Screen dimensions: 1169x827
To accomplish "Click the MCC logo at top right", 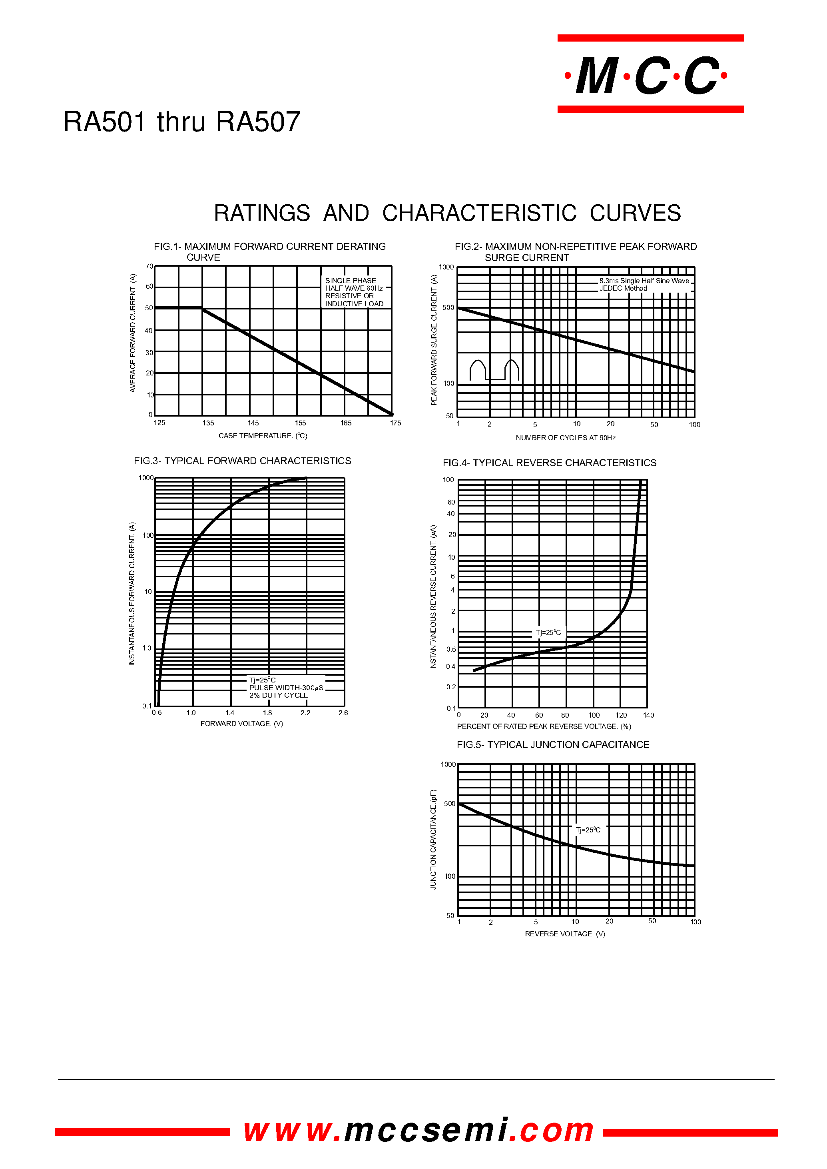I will tap(650, 75).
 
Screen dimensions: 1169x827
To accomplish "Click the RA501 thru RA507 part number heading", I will tap(182, 122).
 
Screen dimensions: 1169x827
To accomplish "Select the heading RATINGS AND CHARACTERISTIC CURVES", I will tap(447, 213).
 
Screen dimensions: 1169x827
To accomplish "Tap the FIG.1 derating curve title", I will tap(269, 251).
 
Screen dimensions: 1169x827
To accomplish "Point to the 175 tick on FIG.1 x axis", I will tap(395, 423).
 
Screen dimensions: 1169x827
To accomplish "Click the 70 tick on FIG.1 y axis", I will tap(149, 266).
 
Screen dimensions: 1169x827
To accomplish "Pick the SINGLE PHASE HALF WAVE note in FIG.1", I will tap(354, 292).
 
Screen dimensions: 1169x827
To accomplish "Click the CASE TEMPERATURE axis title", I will tap(263, 435).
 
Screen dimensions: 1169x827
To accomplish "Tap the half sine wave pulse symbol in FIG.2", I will tap(494, 370).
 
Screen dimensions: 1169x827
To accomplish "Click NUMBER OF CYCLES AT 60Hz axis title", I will tap(565, 437).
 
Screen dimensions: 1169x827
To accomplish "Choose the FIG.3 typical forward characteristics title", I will tap(242, 461).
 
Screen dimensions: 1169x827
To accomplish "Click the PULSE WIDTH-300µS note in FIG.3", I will tap(286, 688).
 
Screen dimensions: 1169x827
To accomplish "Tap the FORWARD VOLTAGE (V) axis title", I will tap(241, 723).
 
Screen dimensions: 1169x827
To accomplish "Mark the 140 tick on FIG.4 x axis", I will tap(648, 715).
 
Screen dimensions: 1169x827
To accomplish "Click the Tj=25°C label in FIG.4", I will tap(548, 632).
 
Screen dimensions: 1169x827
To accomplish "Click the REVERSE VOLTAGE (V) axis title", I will tap(565, 934).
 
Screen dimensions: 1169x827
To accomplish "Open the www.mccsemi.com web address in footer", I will tap(418, 1130).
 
